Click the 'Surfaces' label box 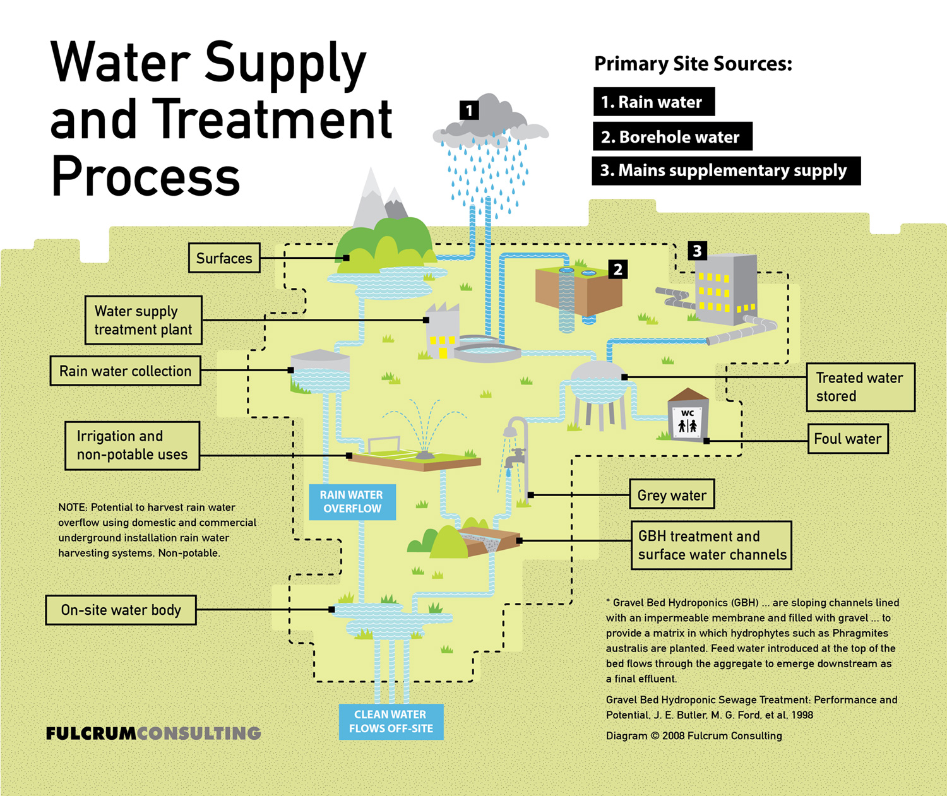tap(224, 258)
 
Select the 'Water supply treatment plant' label tap(143, 320)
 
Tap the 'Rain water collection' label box tap(125, 371)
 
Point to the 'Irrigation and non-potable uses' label tap(132, 446)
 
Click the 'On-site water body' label tap(121, 610)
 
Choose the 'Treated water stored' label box tap(861, 387)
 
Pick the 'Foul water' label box tap(848, 439)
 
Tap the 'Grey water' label tap(672, 496)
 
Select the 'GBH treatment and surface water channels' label tap(712, 545)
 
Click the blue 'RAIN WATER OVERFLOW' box tap(352, 502)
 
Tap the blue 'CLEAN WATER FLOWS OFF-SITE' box tap(391, 722)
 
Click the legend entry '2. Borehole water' tap(672, 137)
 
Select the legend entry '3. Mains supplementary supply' tap(725, 170)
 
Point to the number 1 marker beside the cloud tap(469, 111)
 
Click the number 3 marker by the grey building tap(697, 251)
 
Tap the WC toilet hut tap(688, 417)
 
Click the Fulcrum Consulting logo tap(153, 734)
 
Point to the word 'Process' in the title tap(146, 177)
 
